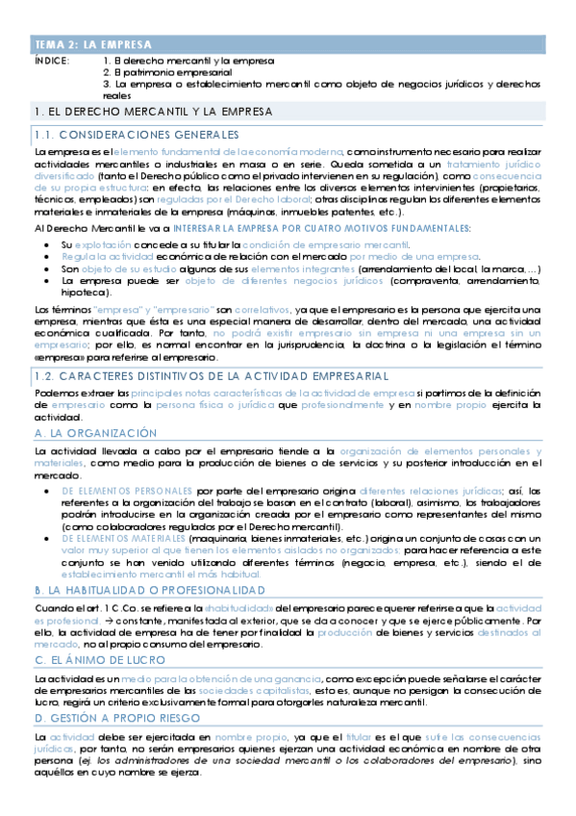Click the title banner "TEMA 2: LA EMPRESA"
pos(92,44)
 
